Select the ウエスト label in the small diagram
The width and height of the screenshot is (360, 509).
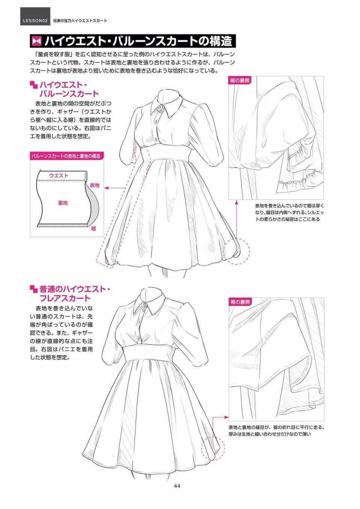(58, 175)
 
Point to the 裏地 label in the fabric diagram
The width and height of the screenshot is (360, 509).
(63, 203)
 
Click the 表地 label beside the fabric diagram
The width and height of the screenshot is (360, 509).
(95, 185)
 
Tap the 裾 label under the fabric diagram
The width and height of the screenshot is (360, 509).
(93, 228)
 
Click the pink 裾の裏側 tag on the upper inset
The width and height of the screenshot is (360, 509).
(240, 81)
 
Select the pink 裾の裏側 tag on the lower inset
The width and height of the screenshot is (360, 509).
(240, 302)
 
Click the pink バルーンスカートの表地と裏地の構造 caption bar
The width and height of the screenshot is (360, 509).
(67, 156)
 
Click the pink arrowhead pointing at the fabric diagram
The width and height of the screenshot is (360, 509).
(106, 188)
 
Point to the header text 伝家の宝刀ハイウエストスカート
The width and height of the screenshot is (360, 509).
(80, 21)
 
